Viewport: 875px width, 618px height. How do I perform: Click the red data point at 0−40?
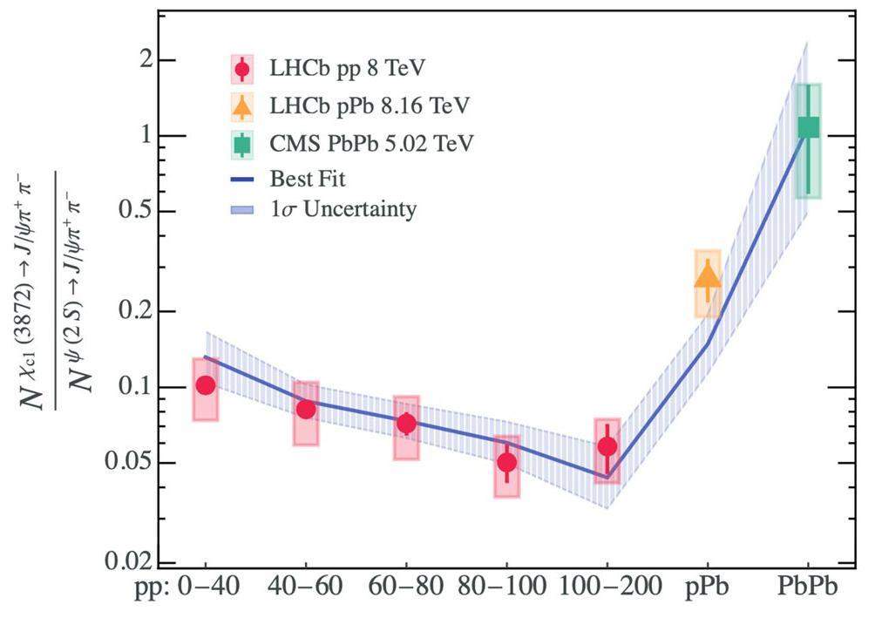(x=206, y=384)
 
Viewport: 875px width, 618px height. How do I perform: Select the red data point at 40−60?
(x=306, y=409)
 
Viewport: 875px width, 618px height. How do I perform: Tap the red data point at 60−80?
(x=406, y=424)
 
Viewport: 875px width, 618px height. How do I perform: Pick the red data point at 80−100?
(x=506, y=462)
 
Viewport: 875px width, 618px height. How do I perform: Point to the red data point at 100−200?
(x=607, y=446)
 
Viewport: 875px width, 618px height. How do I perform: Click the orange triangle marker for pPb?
(x=708, y=276)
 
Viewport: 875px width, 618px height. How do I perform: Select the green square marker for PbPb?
(x=809, y=127)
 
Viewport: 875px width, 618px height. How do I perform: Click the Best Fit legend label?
(x=308, y=180)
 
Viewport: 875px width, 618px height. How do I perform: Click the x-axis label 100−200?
(x=607, y=588)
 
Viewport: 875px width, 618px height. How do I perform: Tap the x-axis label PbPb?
(x=809, y=588)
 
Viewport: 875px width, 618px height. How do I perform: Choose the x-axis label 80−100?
(x=506, y=588)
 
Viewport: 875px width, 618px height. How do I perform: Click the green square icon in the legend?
(x=242, y=142)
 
